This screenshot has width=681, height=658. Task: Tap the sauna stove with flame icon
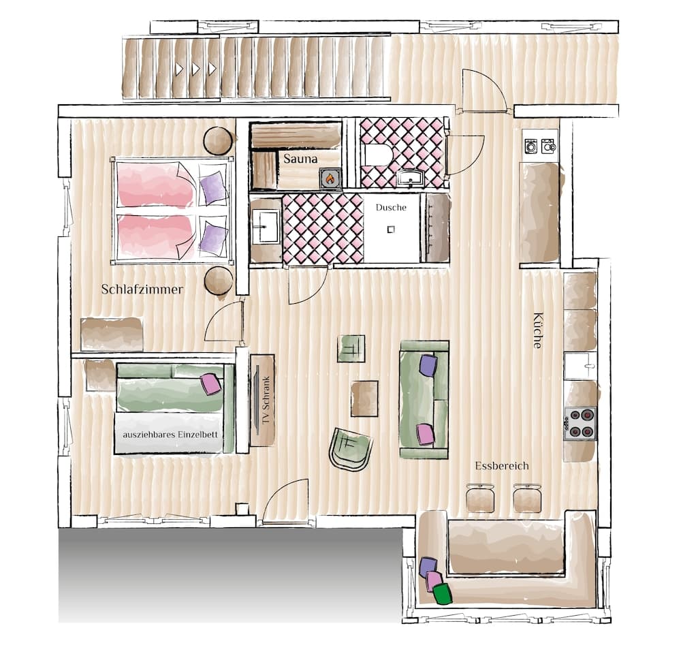330,178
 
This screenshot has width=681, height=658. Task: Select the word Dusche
390,208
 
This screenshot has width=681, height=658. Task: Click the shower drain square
391,230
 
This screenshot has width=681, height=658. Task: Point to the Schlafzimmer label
142,289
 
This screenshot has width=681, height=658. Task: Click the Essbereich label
502,466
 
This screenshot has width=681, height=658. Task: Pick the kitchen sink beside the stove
580,366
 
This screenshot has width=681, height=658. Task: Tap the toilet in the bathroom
376,156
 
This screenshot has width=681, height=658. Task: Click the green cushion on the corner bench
443,594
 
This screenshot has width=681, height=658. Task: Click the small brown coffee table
364,398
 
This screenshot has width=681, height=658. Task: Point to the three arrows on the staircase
195,69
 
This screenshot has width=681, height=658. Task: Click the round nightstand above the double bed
218,140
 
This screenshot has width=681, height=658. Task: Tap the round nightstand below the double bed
219,281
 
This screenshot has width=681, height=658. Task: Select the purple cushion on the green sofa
428,366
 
